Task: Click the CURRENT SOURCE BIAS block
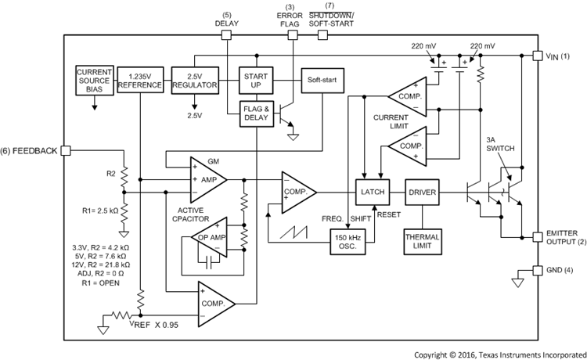[x=95, y=80]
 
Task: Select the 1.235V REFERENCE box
[x=139, y=80]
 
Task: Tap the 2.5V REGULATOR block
[x=193, y=80]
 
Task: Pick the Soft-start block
[x=323, y=80]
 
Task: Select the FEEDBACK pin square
[x=66, y=150]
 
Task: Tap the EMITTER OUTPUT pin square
[x=536, y=236]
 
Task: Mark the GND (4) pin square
[x=536, y=270]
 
